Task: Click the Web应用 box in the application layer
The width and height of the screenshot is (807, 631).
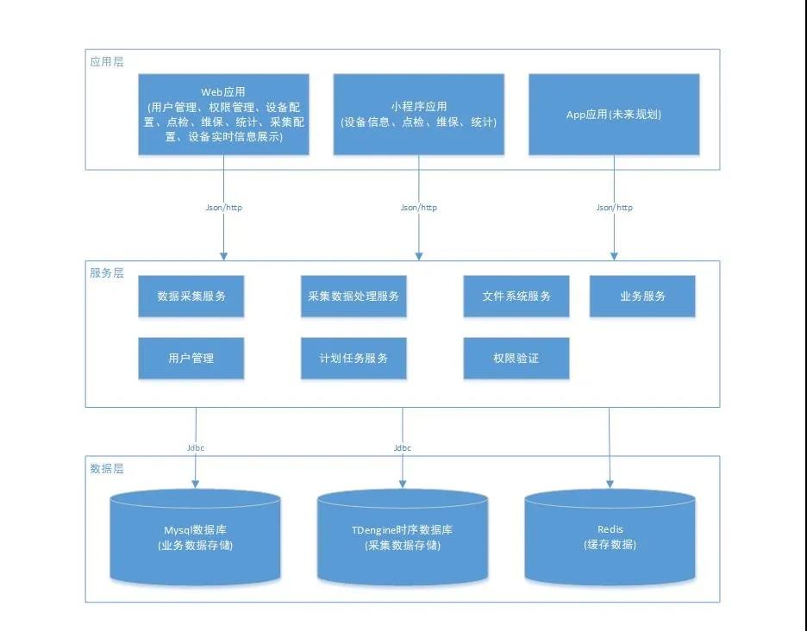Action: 223,114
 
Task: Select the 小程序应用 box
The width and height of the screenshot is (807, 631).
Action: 418,114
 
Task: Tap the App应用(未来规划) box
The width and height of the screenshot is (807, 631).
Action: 614,114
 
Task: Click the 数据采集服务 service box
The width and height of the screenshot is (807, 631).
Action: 191,297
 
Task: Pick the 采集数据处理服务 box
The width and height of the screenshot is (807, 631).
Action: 353,297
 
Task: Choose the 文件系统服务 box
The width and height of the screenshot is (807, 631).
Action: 516,297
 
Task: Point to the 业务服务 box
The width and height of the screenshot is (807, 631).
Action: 642,297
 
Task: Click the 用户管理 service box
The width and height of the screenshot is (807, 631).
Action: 191,358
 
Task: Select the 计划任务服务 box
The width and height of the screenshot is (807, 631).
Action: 353,358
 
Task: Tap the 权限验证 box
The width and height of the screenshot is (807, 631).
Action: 516,358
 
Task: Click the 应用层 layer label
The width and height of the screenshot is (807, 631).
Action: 107,61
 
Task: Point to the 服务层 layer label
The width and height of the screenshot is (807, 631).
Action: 107,272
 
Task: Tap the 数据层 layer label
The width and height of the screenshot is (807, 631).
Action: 107,468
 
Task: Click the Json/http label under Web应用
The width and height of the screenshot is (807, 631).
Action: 223,208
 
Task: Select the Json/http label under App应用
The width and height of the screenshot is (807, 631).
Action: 614,208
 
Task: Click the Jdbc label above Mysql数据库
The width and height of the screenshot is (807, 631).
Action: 196,448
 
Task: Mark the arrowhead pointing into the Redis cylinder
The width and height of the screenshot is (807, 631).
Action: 610,484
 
